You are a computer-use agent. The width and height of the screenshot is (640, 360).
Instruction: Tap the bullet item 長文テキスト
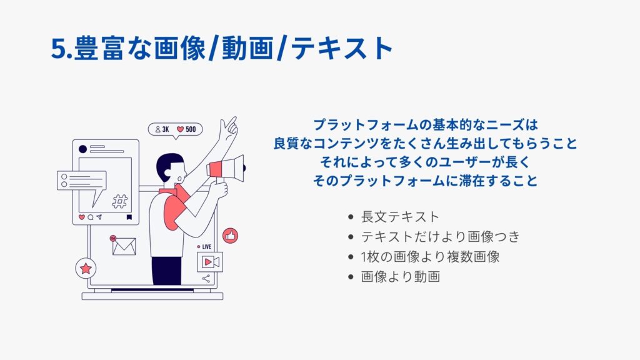click(x=400, y=217)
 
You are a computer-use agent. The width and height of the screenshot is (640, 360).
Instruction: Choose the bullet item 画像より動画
click(x=400, y=277)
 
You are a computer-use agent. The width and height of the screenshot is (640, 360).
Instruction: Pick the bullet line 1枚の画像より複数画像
click(x=430, y=257)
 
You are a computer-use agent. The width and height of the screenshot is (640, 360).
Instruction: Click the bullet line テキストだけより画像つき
click(x=441, y=237)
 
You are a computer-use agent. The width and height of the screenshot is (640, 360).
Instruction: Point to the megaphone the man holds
click(x=226, y=168)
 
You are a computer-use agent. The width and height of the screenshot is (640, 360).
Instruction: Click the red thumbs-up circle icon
click(x=230, y=236)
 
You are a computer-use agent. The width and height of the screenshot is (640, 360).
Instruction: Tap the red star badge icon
click(x=86, y=268)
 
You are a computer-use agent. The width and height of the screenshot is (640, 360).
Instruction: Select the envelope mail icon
click(x=124, y=246)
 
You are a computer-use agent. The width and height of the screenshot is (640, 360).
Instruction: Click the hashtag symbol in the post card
click(x=119, y=201)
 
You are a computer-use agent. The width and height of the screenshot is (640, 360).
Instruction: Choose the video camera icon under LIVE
click(x=210, y=262)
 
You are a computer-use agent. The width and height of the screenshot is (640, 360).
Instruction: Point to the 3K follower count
click(x=162, y=129)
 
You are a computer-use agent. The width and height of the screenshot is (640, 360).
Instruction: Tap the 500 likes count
click(x=186, y=129)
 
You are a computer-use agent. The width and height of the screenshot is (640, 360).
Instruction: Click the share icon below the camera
click(x=206, y=278)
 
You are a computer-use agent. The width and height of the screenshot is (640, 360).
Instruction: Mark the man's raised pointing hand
click(x=227, y=129)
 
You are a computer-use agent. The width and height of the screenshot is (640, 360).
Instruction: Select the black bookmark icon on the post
click(x=129, y=217)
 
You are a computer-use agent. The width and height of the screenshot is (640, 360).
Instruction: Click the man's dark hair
click(x=167, y=165)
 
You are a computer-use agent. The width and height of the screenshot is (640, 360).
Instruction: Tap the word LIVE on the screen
click(x=206, y=247)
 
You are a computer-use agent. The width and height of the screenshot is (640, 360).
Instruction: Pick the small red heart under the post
click(x=82, y=217)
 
